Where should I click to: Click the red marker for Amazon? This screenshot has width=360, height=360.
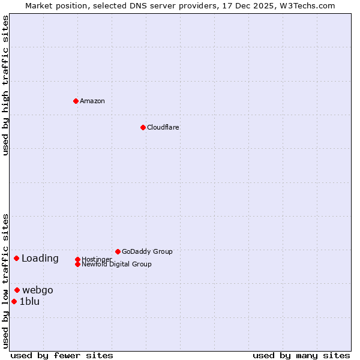pos(76,101)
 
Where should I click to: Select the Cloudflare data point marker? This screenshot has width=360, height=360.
pos(143,127)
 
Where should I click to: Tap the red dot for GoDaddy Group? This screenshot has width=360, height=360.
pos(118,251)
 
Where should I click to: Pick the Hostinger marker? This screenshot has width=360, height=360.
pos(77,259)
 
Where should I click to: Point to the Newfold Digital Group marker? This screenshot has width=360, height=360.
pos(77,264)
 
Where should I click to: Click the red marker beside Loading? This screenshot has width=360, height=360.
pos(16,258)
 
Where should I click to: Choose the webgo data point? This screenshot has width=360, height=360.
pos(17,290)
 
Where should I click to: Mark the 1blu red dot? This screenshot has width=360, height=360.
pos(14,301)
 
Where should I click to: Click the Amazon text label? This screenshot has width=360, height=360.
pos(92,101)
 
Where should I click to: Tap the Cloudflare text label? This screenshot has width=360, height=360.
pos(163,127)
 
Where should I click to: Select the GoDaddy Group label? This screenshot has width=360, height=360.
pos(147,251)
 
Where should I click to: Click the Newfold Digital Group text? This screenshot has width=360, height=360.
pos(116,264)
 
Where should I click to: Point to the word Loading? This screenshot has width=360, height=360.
pos(40,259)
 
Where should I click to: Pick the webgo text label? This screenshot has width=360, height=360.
pos(38,290)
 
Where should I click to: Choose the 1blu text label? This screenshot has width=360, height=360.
pos(29,302)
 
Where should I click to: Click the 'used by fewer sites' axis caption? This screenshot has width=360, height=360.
pos(62,355)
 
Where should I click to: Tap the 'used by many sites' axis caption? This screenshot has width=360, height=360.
pos(301,355)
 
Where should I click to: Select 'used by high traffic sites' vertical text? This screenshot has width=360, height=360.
pos(6,85)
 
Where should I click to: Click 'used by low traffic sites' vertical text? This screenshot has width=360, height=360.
pos(6,280)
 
